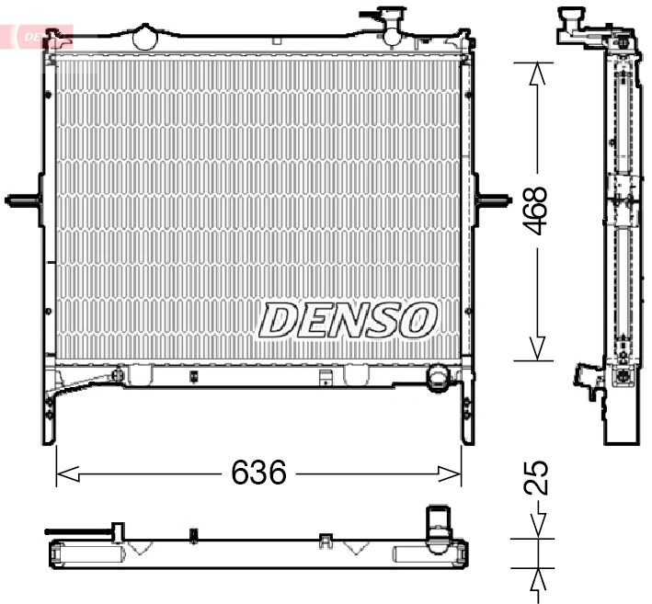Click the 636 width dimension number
click(x=259, y=473)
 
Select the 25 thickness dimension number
click(x=539, y=478)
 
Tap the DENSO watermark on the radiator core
click(x=347, y=320)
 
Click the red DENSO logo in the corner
click(x=37, y=35)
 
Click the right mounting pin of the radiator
click(x=494, y=199)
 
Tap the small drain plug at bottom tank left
click(x=117, y=375)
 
